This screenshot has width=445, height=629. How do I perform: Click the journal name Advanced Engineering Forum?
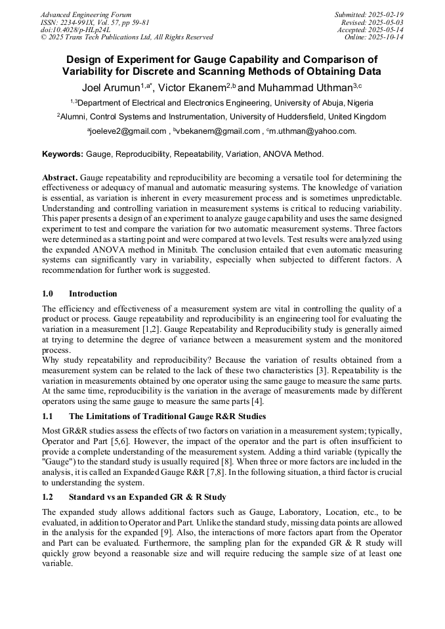coord(86,14)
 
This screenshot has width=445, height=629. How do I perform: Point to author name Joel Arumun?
coord(110,87)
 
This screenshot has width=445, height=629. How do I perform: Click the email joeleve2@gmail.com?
coord(128,131)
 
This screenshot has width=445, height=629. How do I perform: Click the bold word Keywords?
coord(62,154)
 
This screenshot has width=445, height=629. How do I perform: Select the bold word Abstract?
coord(60,178)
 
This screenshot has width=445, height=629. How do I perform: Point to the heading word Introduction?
coord(93,293)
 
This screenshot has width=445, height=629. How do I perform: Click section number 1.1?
coord(49,416)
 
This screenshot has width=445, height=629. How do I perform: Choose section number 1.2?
coord(49,497)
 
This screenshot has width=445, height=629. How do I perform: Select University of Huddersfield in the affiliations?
coord(284,117)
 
